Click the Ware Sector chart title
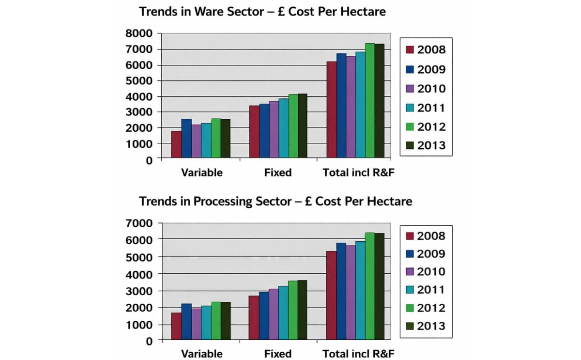pos(262,12)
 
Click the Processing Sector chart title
pos(275,201)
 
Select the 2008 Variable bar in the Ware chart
pos(176,144)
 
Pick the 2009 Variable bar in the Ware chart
pos(186,139)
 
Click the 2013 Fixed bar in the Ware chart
pos(303,126)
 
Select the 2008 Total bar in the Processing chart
pos(331,296)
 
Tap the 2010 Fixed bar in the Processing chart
pos(274,314)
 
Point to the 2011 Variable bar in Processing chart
pos(206,323)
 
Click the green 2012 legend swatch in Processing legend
pos(409,308)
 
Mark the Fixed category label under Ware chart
pos(278,172)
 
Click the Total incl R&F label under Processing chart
pos(358,354)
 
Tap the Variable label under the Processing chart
pos(202,354)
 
